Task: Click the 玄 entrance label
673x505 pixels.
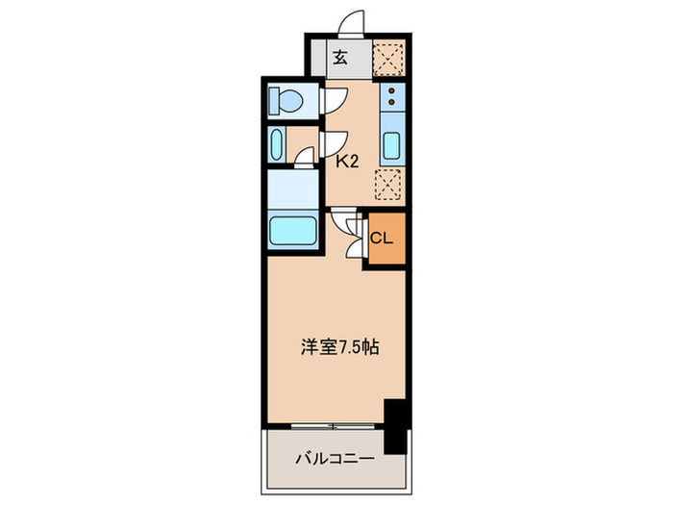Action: (x=340, y=57)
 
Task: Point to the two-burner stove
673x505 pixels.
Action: (x=391, y=95)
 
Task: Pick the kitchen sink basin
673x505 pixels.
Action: (x=391, y=145)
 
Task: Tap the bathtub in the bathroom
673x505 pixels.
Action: (x=293, y=231)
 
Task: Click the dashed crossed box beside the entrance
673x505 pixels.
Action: (x=388, y=57)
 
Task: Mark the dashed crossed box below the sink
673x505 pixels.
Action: (x=388, y=183)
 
